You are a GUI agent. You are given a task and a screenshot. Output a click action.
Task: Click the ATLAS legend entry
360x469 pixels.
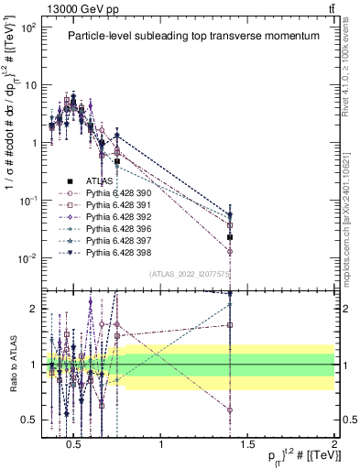100,181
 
